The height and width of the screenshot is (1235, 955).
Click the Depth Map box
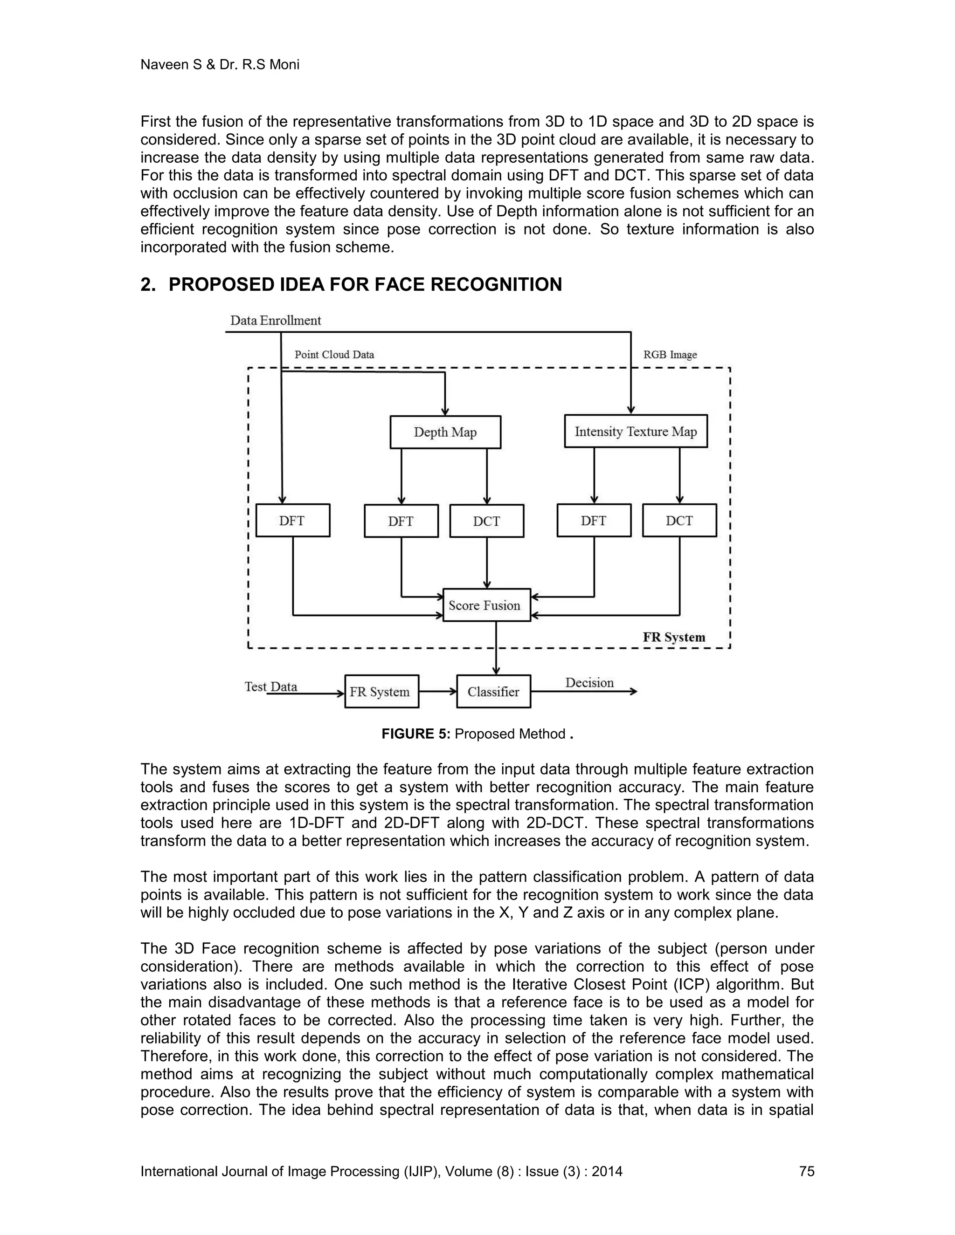445,432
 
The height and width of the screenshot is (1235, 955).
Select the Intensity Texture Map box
636,432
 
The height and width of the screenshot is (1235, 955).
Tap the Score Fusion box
486,605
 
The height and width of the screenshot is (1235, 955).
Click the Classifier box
493,692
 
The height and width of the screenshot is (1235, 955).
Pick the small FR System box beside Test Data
381,692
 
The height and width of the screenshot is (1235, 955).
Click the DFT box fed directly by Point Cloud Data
292,520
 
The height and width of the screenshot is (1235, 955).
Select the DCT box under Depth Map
486,521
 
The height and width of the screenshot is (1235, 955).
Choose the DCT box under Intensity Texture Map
679,520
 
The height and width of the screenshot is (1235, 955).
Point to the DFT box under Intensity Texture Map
594,520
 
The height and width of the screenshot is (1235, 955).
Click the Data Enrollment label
276,321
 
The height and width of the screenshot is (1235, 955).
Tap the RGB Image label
670,355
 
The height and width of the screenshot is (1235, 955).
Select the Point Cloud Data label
334,355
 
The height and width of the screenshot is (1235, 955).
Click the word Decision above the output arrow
589,683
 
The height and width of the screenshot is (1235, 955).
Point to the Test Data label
270,686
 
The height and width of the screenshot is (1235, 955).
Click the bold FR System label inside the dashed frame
674,637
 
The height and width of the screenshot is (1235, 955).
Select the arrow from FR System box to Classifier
437,692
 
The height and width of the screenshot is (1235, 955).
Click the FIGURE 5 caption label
416,734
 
